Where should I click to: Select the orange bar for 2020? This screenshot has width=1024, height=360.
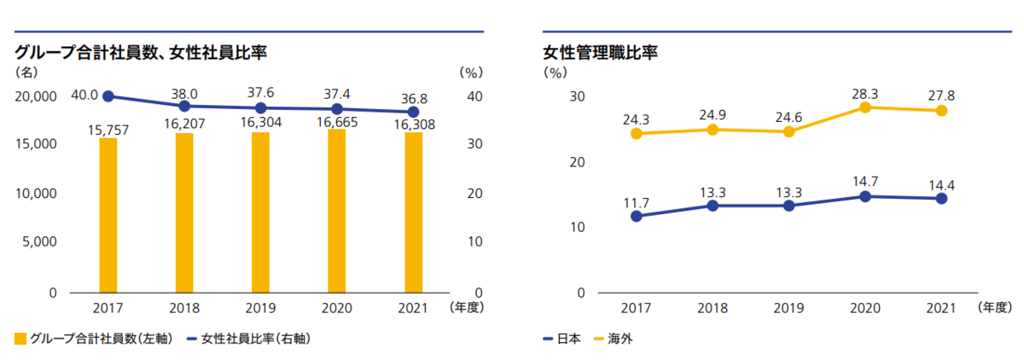tap(337, 211)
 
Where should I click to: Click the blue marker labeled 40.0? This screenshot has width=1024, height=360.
tap(108, 96)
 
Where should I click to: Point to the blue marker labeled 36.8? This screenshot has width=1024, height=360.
tap(414, 112)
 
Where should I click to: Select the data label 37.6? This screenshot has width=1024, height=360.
tap(261, 92)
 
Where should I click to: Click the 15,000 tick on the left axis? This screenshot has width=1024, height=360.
tap(37, 145)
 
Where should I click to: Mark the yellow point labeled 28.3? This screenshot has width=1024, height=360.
tap(865, 107)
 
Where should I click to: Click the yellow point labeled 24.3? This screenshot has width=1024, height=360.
tap(636, 133)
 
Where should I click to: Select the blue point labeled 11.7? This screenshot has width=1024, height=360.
tap(636, 216)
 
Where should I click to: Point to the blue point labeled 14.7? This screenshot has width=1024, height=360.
tap(865, 196)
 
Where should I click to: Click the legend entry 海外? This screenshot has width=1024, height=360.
tap(612, 339)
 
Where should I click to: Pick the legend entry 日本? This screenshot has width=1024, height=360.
tap(562, 339)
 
